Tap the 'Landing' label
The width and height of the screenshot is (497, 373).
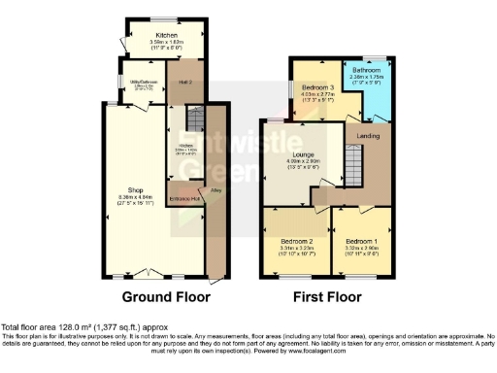[367, 136]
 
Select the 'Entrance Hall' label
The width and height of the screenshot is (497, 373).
[184, 198]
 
